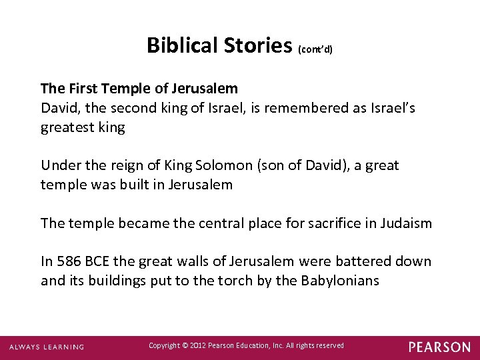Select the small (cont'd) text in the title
315,49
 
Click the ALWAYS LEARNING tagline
47,347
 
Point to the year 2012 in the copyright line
198,345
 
